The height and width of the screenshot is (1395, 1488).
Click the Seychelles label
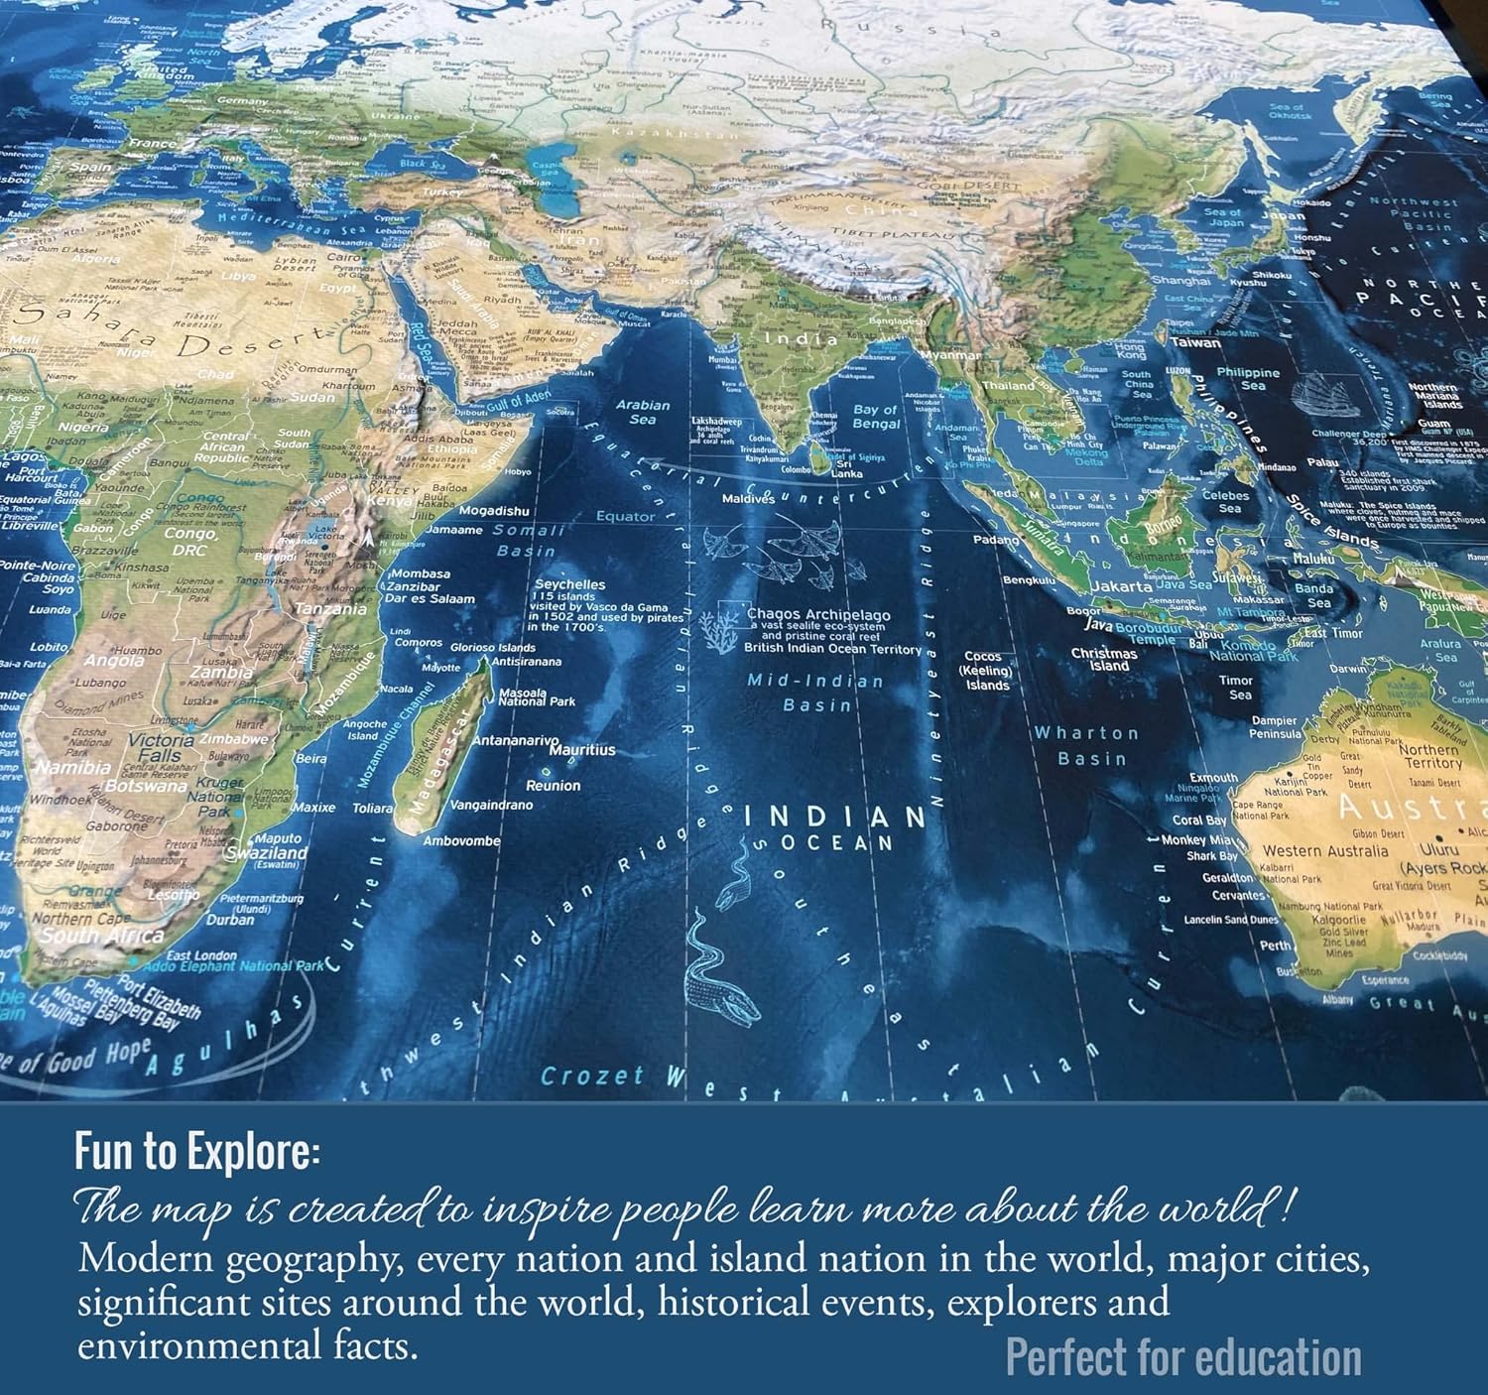click(x=569, y=585)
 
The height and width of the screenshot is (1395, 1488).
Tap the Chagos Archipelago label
click(x=818, y=615)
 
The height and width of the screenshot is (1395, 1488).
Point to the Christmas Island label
click(x=1104, y=660)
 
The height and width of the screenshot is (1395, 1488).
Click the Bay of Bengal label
click(x=875, y=417)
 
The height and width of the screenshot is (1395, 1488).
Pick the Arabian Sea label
click(x=643, y=412)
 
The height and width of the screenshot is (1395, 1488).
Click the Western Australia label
click(x=1325, y=851)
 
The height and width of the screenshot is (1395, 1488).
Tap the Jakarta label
click(x=1121, y=586)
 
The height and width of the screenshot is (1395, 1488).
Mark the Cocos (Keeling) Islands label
click(x=988, y=671)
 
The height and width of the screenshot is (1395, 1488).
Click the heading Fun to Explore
click(x=197, y=1151)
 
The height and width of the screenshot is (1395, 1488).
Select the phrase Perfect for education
click(x=1183, y=1357)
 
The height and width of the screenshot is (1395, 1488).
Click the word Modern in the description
click(x=138, y=1259)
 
